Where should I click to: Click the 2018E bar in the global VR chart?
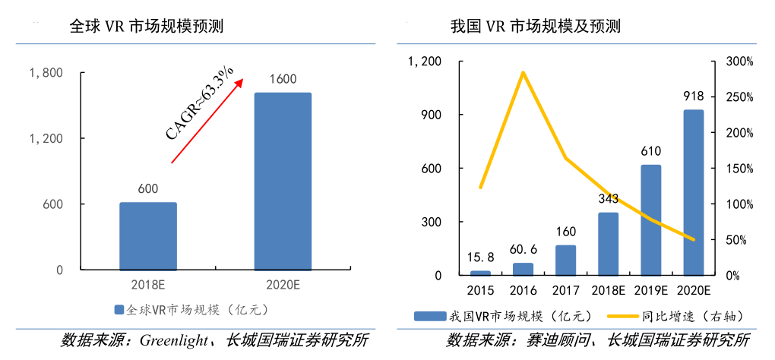pyautogui.click(x=147, y=235)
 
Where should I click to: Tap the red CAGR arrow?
pyautogui.click(x=207, y=121)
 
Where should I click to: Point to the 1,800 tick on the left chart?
pyautogui.click(x=45, y=73)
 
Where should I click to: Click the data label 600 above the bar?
pyautogui.click(x=148, y=189)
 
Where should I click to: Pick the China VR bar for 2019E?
pyautogui.click(x=650, y=219)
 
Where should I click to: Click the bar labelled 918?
pyautogui.click(x=693, y=192)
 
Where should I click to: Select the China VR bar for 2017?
pyautogui.click(x=565, y=260)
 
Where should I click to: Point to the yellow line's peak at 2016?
pyautogui.click(x=523, y=72)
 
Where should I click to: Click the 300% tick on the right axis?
pyautogui.click(x=738, y=62)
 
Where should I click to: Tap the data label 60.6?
pyautogui.click(x=523, y=249)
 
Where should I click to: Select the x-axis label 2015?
pyautogui.click(x=480, y=291)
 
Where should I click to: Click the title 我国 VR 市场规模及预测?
pyautogui.click(x=535, y=26)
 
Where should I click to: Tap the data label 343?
pyautogui.click(x=608, y=200)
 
